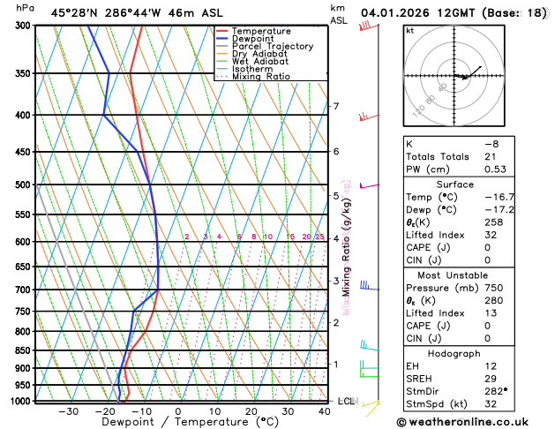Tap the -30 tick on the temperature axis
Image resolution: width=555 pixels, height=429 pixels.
tap(67, 411)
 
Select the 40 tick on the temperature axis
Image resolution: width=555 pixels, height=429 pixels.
tap(325, 411)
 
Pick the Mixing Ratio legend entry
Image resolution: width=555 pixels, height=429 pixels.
tap(260, 77)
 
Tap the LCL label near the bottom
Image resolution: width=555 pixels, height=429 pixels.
tap(346, 401)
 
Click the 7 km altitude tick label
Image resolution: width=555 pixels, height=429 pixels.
tap(335, 107)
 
